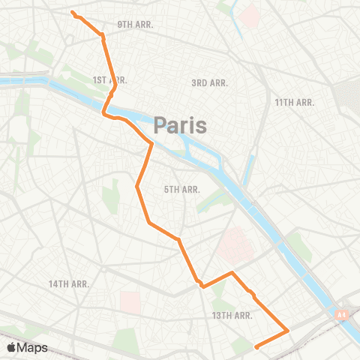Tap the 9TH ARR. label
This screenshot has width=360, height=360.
[135, 25]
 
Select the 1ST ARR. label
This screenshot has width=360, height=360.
[109, 79]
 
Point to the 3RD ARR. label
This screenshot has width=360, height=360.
[209, 82]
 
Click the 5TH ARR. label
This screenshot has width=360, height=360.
[181, 190]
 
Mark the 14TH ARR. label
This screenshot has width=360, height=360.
[69, 283]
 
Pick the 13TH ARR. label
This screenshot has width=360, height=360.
[232, 316]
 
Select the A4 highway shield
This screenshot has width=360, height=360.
[342, 316]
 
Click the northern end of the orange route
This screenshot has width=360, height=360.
[72, 12]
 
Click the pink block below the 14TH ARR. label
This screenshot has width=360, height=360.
[130, 302]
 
